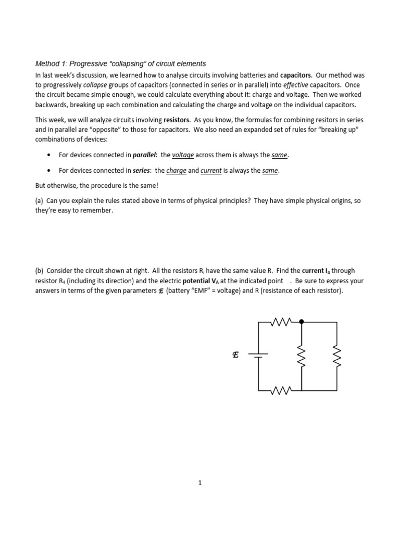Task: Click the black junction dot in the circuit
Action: [302, 322]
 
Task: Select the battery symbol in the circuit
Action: [258, 356]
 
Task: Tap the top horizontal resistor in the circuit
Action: [282, 322]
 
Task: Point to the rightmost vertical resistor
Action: [336, 357]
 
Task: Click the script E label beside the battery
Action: [235, 356]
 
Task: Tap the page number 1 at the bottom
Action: [199, 483]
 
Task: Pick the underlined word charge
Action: [176, 170]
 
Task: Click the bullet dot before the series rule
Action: [48, 170]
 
